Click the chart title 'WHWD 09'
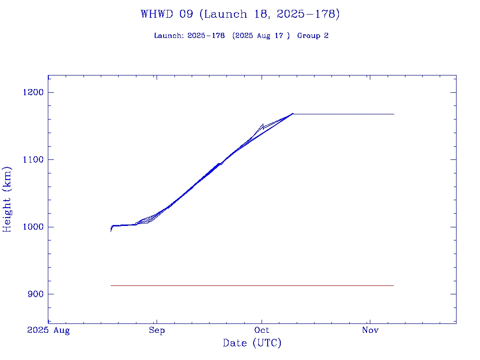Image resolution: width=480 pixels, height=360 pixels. click(x=167, y=14)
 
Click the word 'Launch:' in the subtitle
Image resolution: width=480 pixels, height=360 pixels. click(x=169, y=36)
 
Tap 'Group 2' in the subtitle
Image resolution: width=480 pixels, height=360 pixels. click(x=313, y=36)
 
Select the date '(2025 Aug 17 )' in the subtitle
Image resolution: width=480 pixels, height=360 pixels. click(x=261, y=36)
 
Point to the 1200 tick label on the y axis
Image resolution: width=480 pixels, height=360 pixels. click(x=33, y=92)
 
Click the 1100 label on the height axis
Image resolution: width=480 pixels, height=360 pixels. click(x=33, y=160)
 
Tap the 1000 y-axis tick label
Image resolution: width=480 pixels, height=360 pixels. click(x=33, y=227)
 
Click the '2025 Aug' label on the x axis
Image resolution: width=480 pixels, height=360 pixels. click(x=48, y=330)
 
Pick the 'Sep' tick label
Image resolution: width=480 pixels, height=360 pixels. click(x=157, y=330)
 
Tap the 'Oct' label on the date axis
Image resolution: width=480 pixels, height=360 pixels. click(x=262, y=330)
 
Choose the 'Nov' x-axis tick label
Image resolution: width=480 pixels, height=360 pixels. click(x=370, y=330)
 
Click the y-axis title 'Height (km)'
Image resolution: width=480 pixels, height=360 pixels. click(x=7, y=199)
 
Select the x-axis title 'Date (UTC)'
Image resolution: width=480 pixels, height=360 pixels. click(x=252, y=344)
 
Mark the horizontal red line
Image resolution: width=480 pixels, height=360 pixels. click(x=252, y=285)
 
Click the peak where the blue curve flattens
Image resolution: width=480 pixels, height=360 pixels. click(x=292, y=113)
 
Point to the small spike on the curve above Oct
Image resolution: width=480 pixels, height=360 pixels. click(x=263, y=124)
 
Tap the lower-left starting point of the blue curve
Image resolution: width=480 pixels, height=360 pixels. click(x=111, y=231)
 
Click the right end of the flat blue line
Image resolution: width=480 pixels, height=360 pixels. click(x=394, y=114)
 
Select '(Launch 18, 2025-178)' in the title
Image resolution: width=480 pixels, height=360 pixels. click(x=270, y=14)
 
